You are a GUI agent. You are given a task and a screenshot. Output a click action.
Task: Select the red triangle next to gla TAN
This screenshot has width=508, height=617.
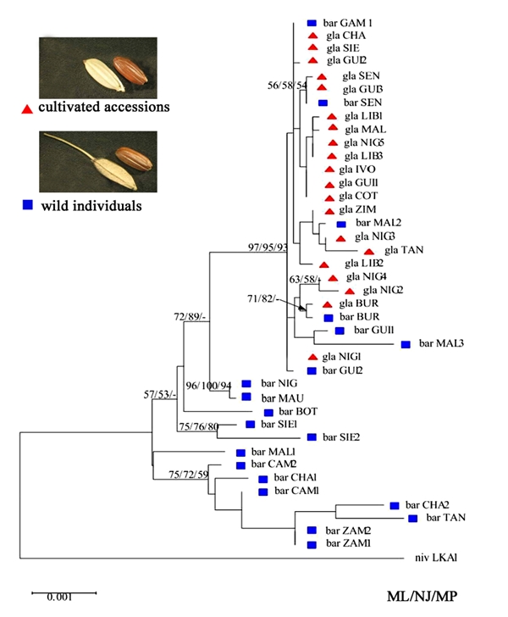point(368,251)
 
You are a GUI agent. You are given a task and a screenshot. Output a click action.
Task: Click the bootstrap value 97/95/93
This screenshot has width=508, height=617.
point(266,247)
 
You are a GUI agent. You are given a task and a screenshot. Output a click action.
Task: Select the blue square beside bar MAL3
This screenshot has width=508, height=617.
point(406,344)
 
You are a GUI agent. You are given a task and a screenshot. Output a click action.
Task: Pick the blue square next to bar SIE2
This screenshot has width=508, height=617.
point(311,436)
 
